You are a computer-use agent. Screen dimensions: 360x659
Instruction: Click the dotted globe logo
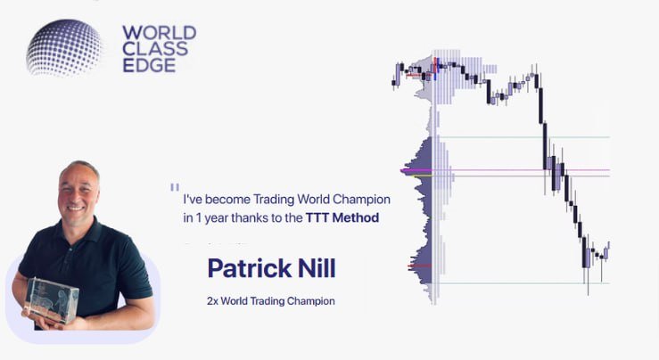click(x=65, y=46)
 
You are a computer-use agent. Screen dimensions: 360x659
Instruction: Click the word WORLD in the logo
click(x=159, y=34)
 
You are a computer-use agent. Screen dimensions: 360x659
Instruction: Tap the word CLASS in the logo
click(x=155, y=49)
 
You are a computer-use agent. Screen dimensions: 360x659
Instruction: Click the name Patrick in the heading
click(x=247, y=267)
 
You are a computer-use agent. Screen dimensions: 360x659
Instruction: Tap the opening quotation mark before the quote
click(x=174, y=188)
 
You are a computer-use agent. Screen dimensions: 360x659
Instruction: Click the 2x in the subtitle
click(x=212, y=301)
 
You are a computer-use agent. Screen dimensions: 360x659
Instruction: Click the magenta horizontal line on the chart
click(x=535, y=169)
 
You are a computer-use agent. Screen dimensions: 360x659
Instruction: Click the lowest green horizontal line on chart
click(x=535, y=283)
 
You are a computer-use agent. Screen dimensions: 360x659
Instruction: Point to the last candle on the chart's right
click(x=606, y=250)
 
